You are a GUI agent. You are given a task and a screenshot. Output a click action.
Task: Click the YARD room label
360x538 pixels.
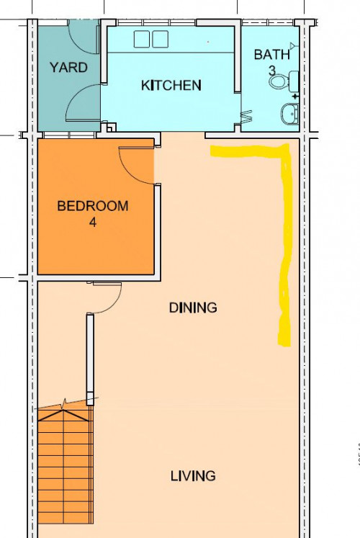tap(68, 67)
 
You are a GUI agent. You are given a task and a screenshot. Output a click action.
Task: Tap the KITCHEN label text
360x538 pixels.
tap(171, 85)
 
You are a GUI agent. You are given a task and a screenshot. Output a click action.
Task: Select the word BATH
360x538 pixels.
tap(272, 55)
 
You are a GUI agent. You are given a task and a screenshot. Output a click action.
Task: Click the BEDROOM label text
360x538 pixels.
tap(93, 206)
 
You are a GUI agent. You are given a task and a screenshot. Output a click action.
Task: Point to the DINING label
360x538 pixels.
tap(193, 308)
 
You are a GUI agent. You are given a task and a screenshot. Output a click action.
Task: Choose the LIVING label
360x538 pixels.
tap(193, 476)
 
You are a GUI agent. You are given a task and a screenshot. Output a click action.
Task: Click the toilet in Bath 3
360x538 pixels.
tap(284, 81)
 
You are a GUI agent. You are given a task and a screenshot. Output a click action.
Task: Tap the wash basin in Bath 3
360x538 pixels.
tap(290, 114)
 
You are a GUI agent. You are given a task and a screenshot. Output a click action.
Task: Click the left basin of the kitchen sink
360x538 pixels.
tap(142, 39)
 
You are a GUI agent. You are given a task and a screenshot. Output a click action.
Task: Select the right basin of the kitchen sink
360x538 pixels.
tap(160, 39)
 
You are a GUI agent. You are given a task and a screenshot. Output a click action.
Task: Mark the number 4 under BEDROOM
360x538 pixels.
tap(93, 223)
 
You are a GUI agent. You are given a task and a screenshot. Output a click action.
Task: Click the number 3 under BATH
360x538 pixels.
tap(272, 71)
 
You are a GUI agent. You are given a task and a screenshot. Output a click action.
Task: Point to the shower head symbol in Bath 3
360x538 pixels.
tap(293, 45)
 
